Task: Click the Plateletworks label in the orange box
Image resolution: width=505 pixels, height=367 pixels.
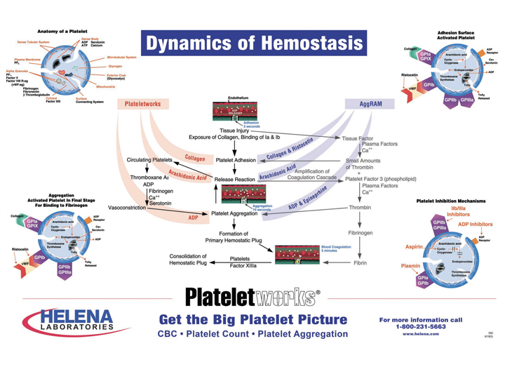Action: point(143,104)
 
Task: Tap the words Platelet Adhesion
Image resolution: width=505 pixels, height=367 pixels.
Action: point(235,160)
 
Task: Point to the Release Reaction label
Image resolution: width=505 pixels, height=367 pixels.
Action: point(234,179)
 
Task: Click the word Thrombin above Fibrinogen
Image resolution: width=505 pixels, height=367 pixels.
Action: point(360,208)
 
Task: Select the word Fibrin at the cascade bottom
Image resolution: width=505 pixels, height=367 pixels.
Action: point(360,263)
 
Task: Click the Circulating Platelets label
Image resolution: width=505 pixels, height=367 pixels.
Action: point(149,160)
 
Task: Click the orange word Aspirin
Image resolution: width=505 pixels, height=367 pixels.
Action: point(414,247)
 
